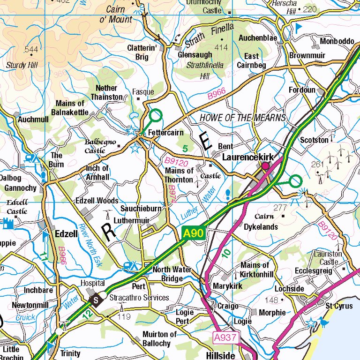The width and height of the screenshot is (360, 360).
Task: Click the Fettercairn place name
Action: click(x=166, y=133)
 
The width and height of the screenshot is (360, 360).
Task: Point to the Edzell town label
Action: click(x=65, y=234)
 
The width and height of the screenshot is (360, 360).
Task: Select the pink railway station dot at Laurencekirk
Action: click(x=265, y=165)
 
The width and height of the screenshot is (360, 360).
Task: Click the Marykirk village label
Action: click(x=226, y=285)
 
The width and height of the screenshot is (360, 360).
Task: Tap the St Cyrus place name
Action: click(x=336, y=306)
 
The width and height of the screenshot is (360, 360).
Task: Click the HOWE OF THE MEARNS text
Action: click(x=242, y=118)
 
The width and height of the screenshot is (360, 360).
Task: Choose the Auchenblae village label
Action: click(x=257, y=38)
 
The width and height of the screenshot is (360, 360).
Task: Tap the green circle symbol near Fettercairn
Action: click(x=156, y=115)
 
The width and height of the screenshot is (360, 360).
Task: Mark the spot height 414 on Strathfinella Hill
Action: click(x=221, y=48)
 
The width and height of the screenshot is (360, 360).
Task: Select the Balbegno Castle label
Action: click(x=101, y=146)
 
